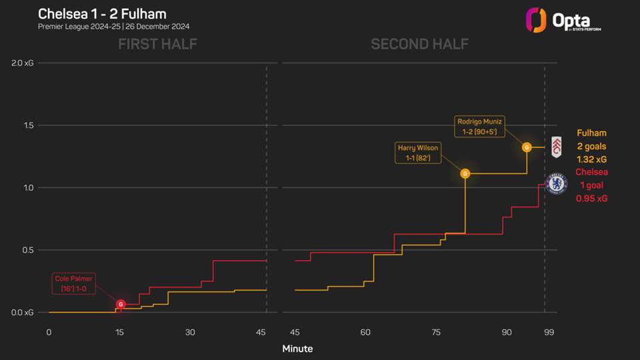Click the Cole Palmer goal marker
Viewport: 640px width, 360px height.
pos(121,304)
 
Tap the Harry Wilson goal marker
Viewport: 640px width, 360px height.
pos(465,173)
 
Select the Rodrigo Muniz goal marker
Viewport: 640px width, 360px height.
pos(527,147)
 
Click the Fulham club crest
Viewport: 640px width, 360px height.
pos(555,148)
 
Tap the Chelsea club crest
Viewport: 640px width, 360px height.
pos(556,183)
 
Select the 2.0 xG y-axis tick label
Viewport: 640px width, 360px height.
pos(24,63)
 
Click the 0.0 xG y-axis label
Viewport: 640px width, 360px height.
pos(24,313)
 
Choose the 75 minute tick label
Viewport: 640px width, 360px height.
pos(436,332)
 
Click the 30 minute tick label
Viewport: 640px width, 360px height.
pos(191,332)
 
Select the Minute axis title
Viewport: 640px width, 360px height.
pos(297,349)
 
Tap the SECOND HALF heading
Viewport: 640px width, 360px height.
pos(419,45)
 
